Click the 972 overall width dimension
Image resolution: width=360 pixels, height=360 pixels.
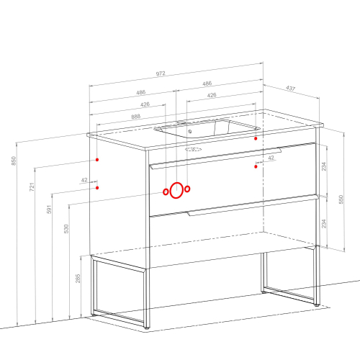coord(161,73)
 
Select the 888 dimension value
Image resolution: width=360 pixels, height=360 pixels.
coord(136,117)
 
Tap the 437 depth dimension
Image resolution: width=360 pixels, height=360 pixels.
coord(290,89)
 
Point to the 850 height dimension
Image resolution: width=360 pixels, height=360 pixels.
coord(14,161)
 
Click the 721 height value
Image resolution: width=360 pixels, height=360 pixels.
coord(32,187)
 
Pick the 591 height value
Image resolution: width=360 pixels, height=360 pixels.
coord(49,210)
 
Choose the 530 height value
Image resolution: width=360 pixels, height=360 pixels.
coord(66,229)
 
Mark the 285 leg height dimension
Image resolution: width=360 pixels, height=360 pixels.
coord(78,279)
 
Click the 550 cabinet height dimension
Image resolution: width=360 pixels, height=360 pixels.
coord(341,199)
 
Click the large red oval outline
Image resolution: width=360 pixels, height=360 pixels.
coord(171,190)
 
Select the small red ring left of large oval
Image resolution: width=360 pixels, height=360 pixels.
coord(166,192)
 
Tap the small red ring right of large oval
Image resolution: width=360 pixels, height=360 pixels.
coord(187,189)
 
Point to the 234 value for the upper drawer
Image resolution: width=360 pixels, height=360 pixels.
coord(324,166)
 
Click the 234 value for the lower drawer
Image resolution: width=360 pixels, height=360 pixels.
coord(324,223)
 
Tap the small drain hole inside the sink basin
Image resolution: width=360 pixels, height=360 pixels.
coord(190,131)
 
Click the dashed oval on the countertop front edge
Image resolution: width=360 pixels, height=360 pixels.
coord(193,150)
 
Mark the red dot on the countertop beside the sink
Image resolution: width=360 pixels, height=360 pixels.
coord(256,138)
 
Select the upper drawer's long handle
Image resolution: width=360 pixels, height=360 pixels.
coord(216,158)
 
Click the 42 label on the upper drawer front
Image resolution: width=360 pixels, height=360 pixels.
coord(271,158)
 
